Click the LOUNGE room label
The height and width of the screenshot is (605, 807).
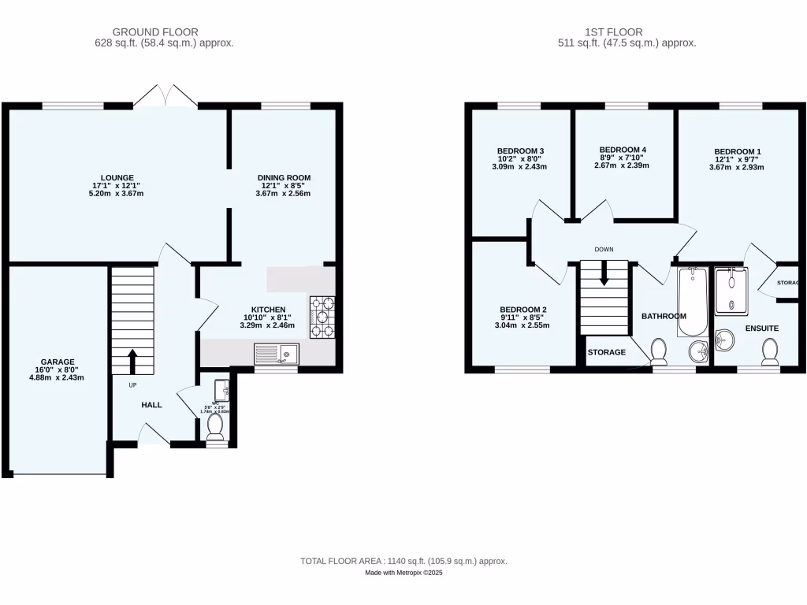tap(117, 177)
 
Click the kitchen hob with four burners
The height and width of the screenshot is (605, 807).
tap(323, 317)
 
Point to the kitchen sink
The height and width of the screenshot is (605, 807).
tap(276, 354)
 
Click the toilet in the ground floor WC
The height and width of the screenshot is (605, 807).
tap(214, 425)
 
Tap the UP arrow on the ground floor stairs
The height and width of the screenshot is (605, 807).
tap(131, 361)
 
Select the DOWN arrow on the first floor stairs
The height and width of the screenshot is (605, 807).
tap(604, 274)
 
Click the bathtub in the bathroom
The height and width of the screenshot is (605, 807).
tap(693, 299)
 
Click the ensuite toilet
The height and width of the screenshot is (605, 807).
tap(769, 350)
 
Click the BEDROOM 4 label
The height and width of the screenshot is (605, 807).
tap(623, 150)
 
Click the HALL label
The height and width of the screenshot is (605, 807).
tap(151, 405)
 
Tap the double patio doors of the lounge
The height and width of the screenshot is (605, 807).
tap(165, 97)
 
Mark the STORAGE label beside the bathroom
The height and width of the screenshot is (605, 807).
tap(606, 352)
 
